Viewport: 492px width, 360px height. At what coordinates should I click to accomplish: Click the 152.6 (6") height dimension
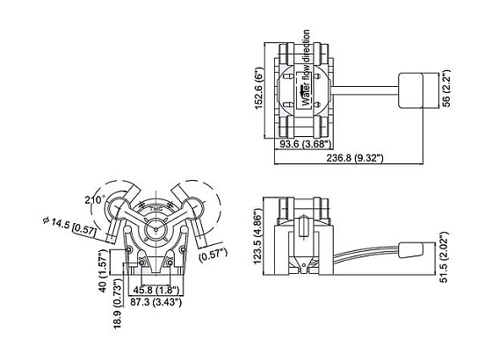click(259, 88)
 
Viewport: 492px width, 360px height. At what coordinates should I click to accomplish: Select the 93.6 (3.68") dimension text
click(306, 144)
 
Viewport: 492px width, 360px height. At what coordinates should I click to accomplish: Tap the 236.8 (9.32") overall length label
click(355, 158)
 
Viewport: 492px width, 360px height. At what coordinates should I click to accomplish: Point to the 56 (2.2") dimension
click(446, 89)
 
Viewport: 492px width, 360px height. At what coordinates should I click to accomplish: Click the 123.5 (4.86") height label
click(258, 236)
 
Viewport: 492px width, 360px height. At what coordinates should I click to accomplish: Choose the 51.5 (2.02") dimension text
click(444, 257)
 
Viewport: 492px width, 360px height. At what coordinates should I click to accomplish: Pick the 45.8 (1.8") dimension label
click(156, 290)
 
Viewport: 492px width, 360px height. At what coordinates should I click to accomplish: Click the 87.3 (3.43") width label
click(156, 302)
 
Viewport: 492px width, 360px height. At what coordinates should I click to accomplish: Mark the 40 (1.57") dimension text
click(104, 271)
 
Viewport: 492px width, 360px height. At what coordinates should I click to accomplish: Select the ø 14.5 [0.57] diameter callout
click(69, 226)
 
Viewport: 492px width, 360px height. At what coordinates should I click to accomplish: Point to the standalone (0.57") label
click(213, 255)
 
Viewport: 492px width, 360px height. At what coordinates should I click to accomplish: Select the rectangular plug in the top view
click(410, 91)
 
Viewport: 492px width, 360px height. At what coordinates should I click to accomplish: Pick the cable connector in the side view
click(411, 250)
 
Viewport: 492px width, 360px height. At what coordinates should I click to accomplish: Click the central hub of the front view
click(156, 229)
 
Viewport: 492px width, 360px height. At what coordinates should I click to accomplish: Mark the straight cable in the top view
click(365, 90)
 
